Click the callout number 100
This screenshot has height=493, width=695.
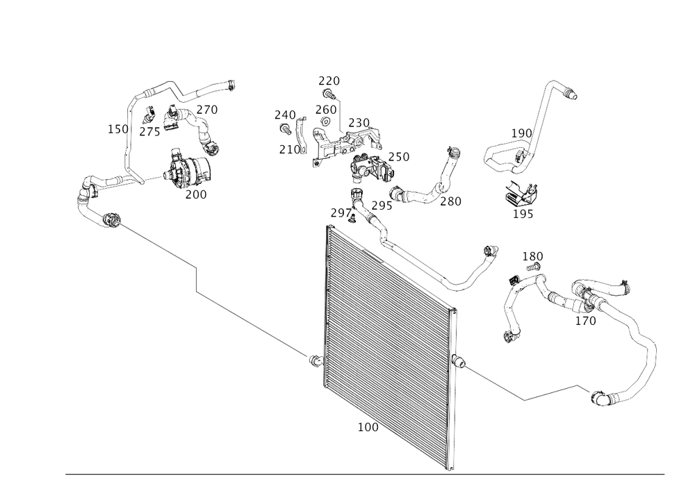point(368,427)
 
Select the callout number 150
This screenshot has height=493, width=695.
point(118,129)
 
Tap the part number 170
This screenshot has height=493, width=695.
point(585,321)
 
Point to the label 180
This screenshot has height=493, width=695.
point(532,256)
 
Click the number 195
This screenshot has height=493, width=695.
point(523,214)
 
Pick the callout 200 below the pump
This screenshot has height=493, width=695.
point(196,194)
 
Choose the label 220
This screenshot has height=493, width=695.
point(329,81)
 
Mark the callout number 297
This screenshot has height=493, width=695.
point(341,213)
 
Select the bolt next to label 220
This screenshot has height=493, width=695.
point(328,94)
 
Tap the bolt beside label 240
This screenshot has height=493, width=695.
point(284,129)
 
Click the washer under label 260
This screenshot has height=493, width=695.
point(325,121)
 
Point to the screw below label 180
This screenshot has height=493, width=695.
point(533,267)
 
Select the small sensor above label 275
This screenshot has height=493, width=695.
point(149,114)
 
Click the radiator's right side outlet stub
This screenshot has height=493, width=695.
point(459,362)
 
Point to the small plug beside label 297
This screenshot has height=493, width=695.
point(354,219)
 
